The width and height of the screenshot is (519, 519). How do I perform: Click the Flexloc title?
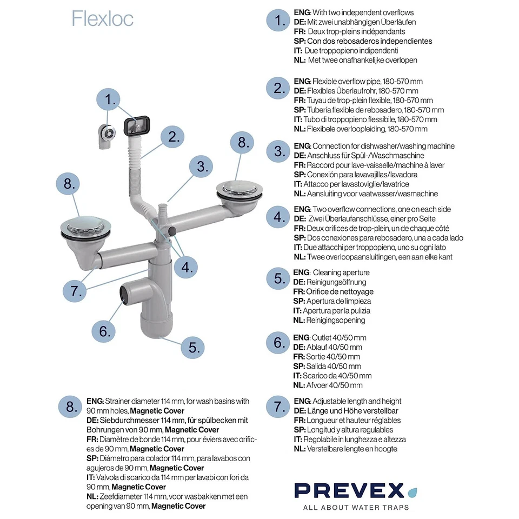[102, 18]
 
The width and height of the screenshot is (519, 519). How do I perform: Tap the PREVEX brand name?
[349, 490]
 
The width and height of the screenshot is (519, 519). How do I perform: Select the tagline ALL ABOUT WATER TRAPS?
[356, 507]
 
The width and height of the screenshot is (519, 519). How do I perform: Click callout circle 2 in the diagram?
[173, 136]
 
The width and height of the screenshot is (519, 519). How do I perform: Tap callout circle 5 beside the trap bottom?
[192, 347]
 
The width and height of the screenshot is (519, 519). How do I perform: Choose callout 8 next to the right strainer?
[242, 142]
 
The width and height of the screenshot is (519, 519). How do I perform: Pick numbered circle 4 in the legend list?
[278, 217]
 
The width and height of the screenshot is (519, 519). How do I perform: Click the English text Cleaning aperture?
[341, 272]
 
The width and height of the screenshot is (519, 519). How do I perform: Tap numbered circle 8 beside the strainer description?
[71, 407]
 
